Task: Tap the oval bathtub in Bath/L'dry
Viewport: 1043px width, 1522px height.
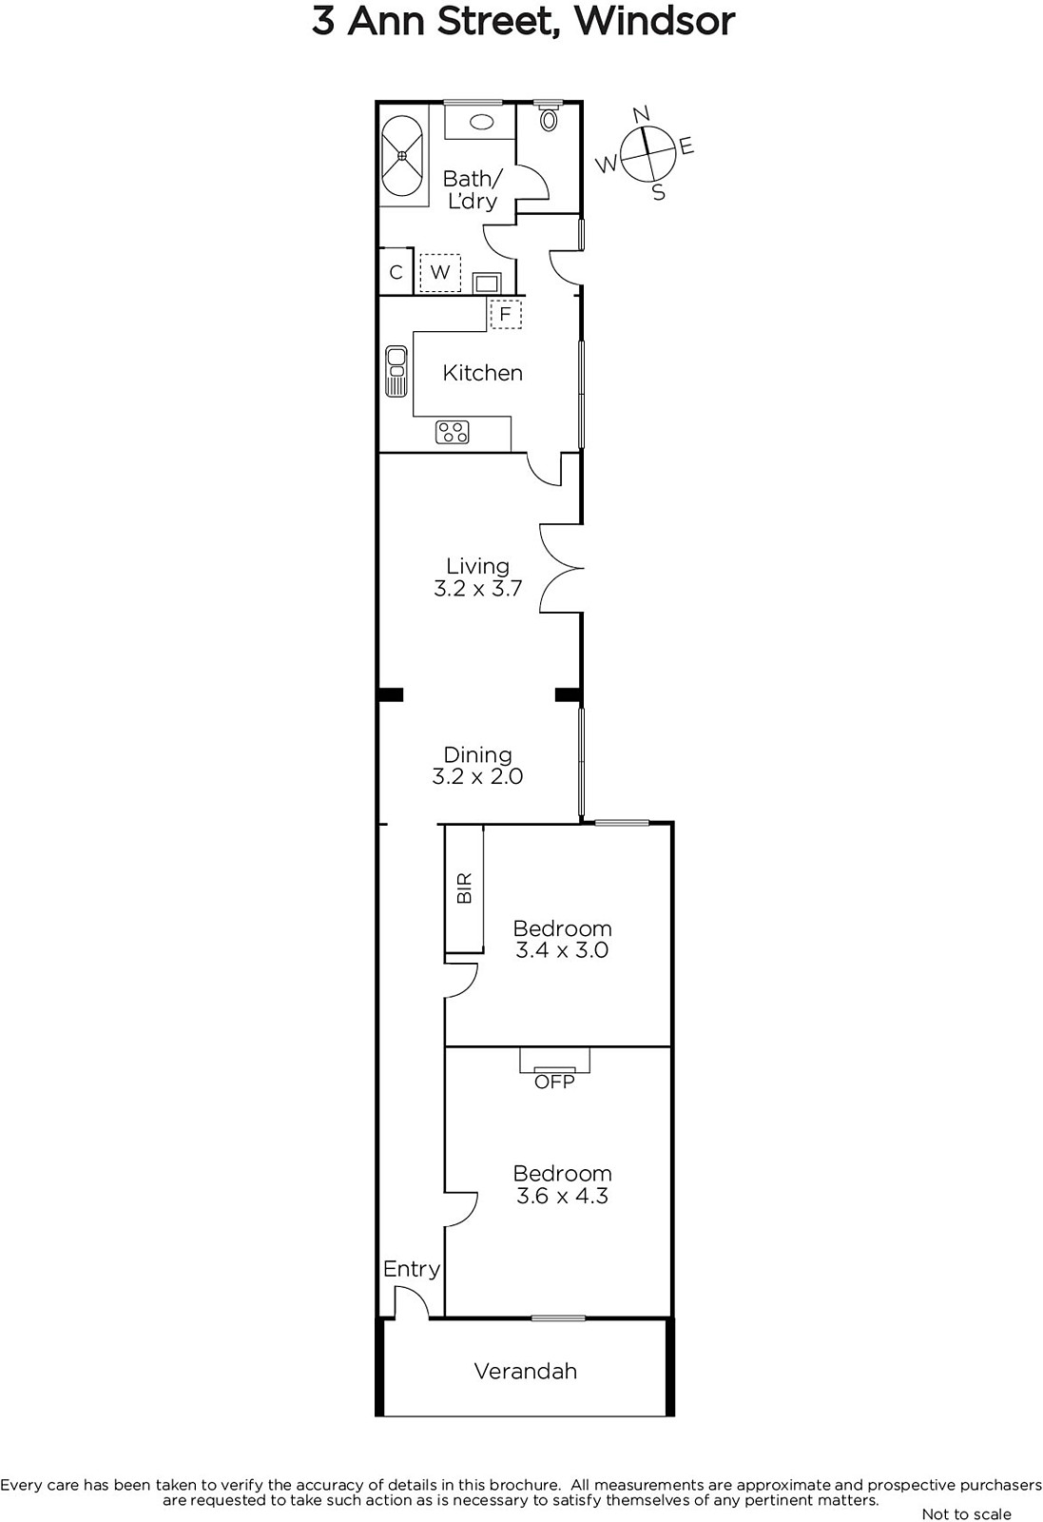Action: point(402,156)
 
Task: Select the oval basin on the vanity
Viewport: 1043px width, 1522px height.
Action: point(481,122)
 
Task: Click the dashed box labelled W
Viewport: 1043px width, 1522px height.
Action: point(440,272)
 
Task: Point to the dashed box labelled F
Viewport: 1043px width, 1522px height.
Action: point(505,314)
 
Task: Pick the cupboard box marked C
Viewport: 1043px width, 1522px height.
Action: point(396,272)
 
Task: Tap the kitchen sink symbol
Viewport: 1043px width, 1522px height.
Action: point(396,371)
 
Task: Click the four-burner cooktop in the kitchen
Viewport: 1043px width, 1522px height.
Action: point(453,432)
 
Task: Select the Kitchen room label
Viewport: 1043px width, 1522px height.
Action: point(483,372)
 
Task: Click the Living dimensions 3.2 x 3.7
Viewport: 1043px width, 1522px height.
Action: point(478,588)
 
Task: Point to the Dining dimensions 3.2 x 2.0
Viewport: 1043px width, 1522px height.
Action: point(477,776)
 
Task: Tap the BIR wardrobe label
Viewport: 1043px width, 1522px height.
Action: point(465,888)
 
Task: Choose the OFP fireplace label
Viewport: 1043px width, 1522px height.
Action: point(554,1081)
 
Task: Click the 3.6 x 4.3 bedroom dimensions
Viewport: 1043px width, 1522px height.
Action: point(562,1195)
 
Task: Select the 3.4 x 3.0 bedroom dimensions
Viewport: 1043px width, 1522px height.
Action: point(562,950)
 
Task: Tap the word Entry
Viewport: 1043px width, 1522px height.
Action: point(412,1269)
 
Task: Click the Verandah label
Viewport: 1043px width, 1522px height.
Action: point(526,1371)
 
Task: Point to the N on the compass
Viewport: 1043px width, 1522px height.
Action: point(641,113)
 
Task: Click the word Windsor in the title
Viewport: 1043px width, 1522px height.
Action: point(655,21)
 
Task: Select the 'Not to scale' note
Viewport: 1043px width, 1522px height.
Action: point(966,1513)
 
